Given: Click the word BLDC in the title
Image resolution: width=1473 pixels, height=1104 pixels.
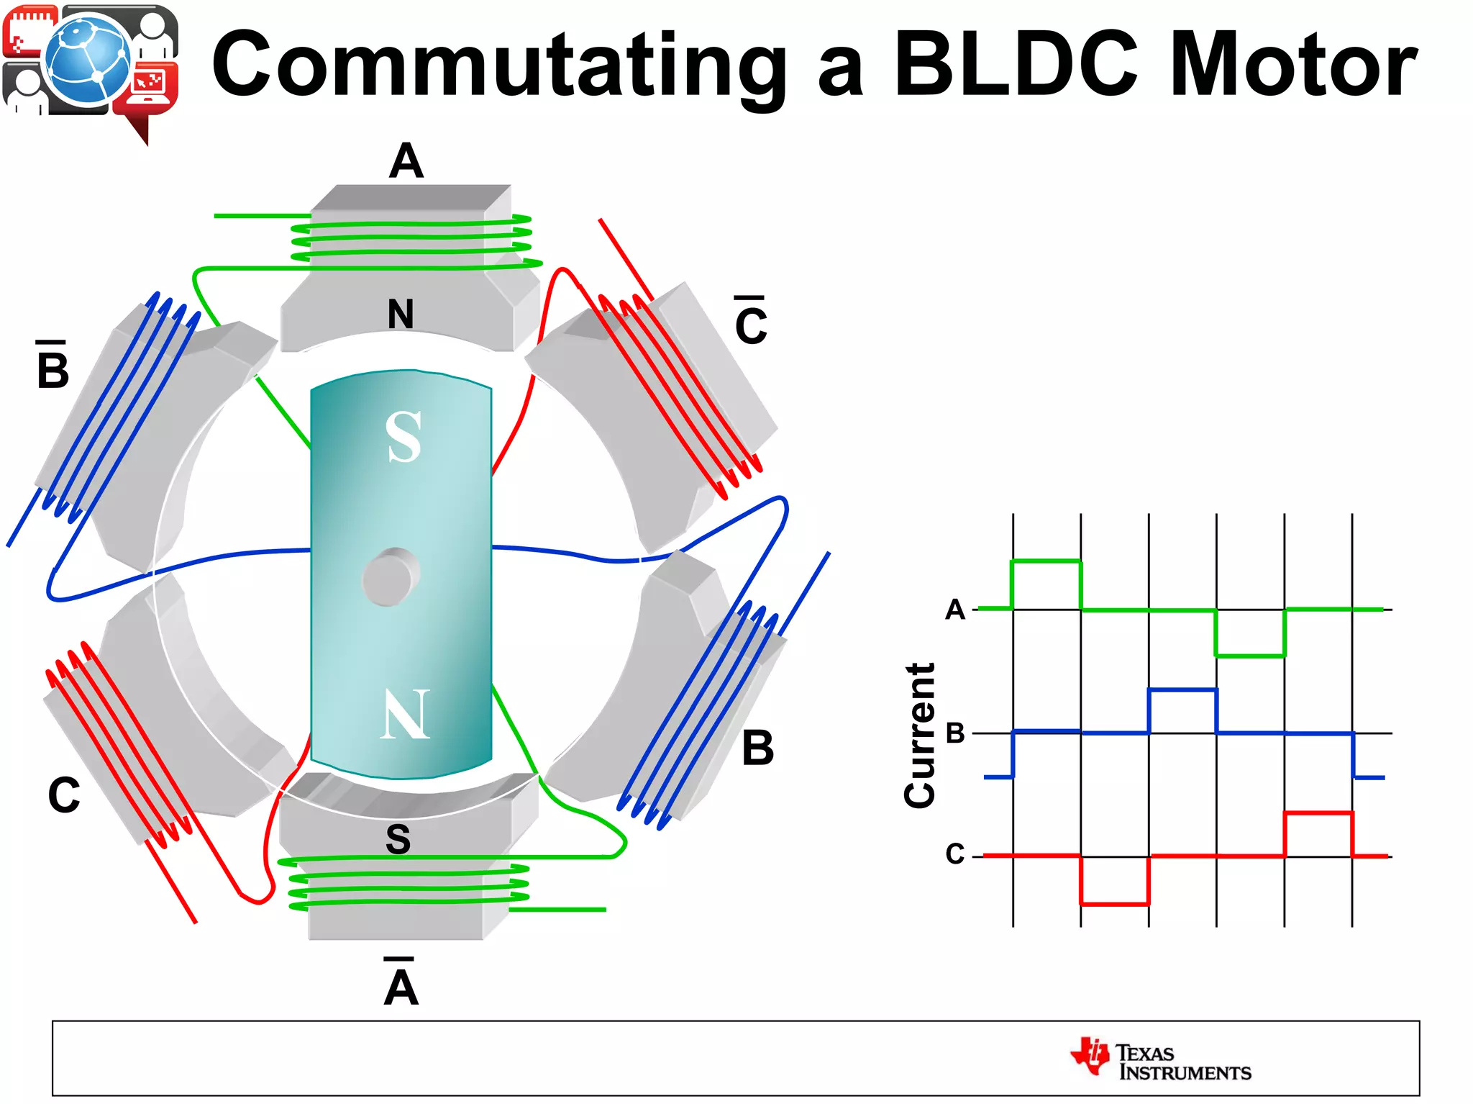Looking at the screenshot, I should coord(1016,65).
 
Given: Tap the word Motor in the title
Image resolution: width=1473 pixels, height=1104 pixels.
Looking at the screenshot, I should coord(1293,65).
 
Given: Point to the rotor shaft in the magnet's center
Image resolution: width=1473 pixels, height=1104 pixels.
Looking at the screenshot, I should coord(391,576).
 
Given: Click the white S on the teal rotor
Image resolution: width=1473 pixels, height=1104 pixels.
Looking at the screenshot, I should coord(403,437).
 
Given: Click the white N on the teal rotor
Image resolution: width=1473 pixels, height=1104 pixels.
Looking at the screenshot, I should coord(405,714).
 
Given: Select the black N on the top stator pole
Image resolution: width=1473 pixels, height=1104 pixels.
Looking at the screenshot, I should coord(401,314).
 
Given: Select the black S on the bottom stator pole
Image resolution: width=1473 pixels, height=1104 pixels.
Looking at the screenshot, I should coord(398,838).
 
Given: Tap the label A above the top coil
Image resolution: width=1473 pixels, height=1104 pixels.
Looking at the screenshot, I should coord(406,161).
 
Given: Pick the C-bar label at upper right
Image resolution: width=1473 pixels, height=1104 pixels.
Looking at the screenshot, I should coord(751,322).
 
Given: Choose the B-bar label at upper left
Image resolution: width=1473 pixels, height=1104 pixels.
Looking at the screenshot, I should coord(53,367).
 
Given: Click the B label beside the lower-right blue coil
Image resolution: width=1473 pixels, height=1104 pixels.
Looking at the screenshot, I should coord(757,748).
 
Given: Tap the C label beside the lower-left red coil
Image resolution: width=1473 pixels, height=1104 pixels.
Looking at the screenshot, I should coord(63,795).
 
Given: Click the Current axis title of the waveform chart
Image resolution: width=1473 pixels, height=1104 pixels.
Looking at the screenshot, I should coord(920,735).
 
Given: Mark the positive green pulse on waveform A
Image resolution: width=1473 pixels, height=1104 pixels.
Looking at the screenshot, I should coord(1046,561).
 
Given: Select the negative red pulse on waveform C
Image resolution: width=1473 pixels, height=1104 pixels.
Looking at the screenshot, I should coord(1114,903).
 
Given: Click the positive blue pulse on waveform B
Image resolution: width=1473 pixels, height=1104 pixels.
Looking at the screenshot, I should coord(1182,689).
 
